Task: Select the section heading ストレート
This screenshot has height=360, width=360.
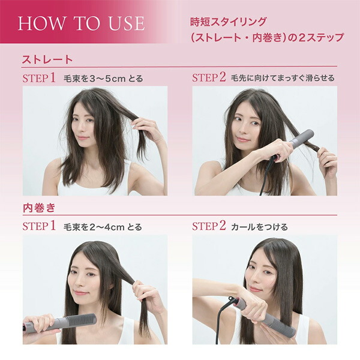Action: [x=47, y=60]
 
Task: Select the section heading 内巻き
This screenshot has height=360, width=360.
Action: [x=39, y=208]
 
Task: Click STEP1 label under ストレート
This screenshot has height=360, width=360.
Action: [x=39, y=78]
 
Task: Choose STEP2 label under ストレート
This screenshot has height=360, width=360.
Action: [x=209, y=78]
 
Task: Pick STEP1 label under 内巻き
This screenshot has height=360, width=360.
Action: [x=39, y=227]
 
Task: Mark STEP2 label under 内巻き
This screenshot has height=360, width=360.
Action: [x=209, y=227]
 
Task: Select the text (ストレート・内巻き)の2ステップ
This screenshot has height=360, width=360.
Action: [x=266, y=37]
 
